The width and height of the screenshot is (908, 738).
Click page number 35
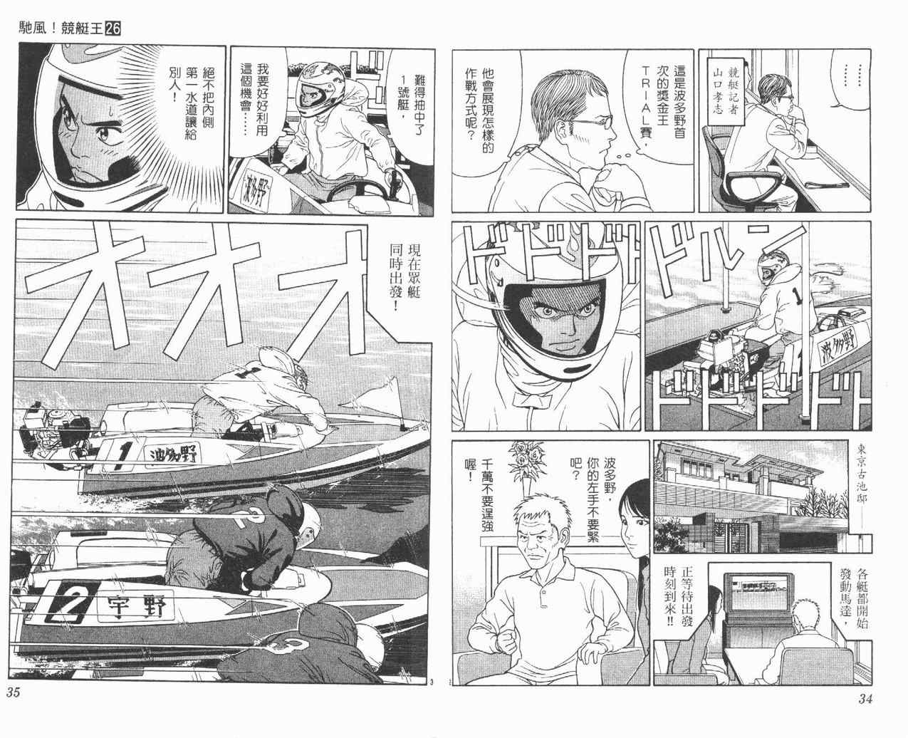(x=14, y=692)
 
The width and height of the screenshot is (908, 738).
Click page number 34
(x=865, y=699)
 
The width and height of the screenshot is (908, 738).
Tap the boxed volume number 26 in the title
(x=113, y=28)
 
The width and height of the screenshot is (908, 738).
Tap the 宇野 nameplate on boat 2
(x=137, y=606)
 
